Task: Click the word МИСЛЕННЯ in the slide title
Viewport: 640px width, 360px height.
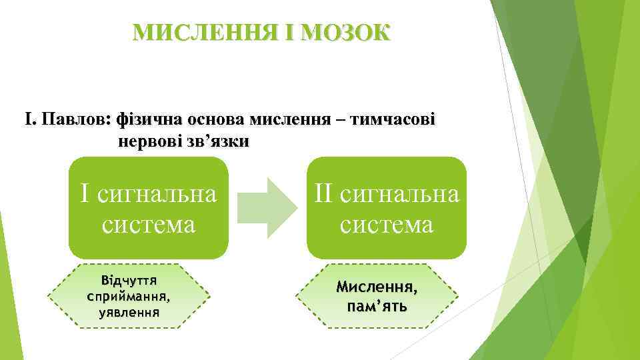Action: pos(201,31)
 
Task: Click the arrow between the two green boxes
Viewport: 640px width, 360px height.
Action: pos(267,207)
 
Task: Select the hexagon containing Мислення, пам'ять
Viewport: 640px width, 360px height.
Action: pos(377,295)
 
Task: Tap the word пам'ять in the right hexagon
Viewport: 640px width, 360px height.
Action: pos(377,307)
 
